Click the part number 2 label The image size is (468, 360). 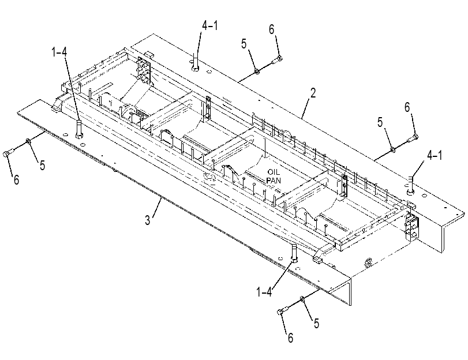[x=313, y=93]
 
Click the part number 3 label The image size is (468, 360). [x=148, y=220]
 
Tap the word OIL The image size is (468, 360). [x=274, y=172]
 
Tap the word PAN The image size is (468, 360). [x=274, y=180]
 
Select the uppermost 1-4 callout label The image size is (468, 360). [x=59, y=52]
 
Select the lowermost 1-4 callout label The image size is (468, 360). [x=264, y=292]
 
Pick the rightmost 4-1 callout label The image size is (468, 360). [x=435, y=156]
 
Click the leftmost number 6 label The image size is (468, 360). [x=16, y=179]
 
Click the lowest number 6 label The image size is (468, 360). [x=290, y=337]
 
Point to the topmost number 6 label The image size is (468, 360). [x=271, y=29]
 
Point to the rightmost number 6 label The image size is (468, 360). [x=407, y=107]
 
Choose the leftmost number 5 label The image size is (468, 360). [x=42, y=166]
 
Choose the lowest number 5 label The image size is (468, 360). [x=316, y=323]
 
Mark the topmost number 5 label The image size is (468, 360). [x=244, y=44]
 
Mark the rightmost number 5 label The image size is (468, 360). [x=380, y=122]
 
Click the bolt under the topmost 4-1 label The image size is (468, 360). [x=195, y=62]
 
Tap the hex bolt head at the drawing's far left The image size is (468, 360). [x=5, y=153]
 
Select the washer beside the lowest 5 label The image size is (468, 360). [x=302, y=299]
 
